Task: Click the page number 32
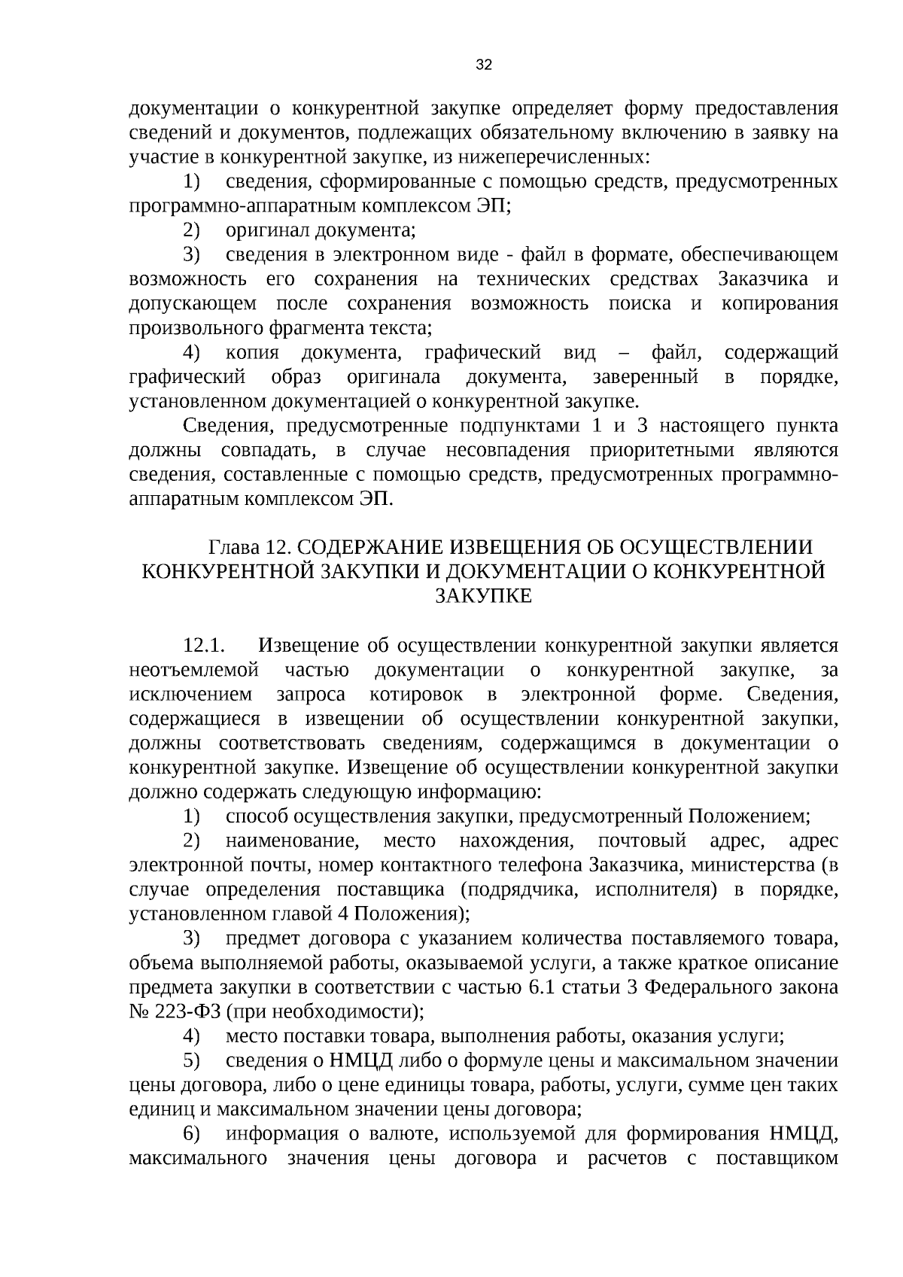(484, 65)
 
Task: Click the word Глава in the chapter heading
(233, 546)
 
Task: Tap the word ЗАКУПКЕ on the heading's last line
(484, 595)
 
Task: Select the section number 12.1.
(204, 645)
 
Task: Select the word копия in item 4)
(252, 352)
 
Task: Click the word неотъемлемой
(194, 669)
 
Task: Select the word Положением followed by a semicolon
(745, 816)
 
